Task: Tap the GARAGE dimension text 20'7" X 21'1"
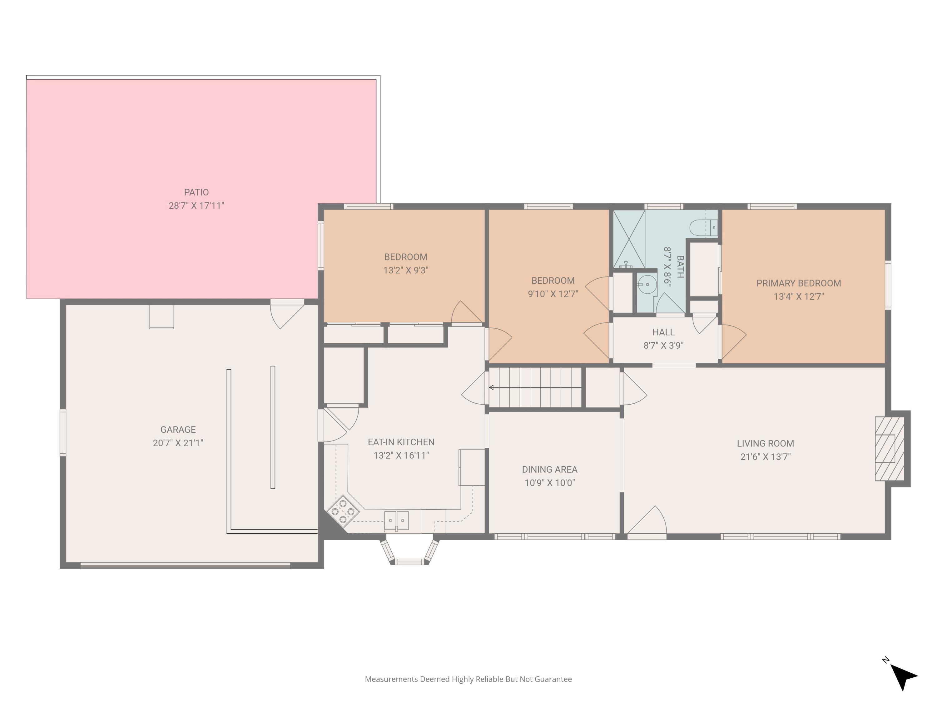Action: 178,443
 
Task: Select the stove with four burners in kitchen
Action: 343,511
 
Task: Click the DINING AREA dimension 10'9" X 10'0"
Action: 550,483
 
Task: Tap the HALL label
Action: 663,332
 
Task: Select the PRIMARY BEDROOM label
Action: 799,283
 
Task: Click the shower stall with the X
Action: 629,239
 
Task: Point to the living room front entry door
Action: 647,522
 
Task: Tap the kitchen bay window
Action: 409,551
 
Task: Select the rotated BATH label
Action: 680,267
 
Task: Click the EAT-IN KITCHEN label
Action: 401,442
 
